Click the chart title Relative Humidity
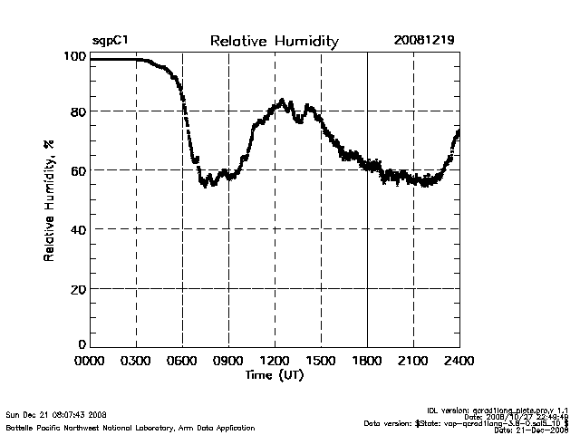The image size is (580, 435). [x=274, y=41]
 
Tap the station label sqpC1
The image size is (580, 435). [x=108, y=41]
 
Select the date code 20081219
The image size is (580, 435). [x=423, y=41]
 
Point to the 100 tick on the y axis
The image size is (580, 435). [x=74, y=56]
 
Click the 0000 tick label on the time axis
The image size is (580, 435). [x=90, y=360]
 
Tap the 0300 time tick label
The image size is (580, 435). [x=136, y=360]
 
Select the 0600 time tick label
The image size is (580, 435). [x=182, y=360]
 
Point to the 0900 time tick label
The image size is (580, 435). [x=228, y=360]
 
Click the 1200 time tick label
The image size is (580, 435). [x=275, y=360]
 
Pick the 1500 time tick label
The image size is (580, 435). [x=321, y=360]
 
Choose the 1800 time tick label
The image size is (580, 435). [x=367, y=360]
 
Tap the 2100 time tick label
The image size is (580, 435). [x=413, y=360]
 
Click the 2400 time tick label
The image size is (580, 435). [x=459, y=360]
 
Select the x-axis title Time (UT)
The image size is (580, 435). [x=274, y=374]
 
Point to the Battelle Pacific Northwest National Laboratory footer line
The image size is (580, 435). [x=130, y=427]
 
